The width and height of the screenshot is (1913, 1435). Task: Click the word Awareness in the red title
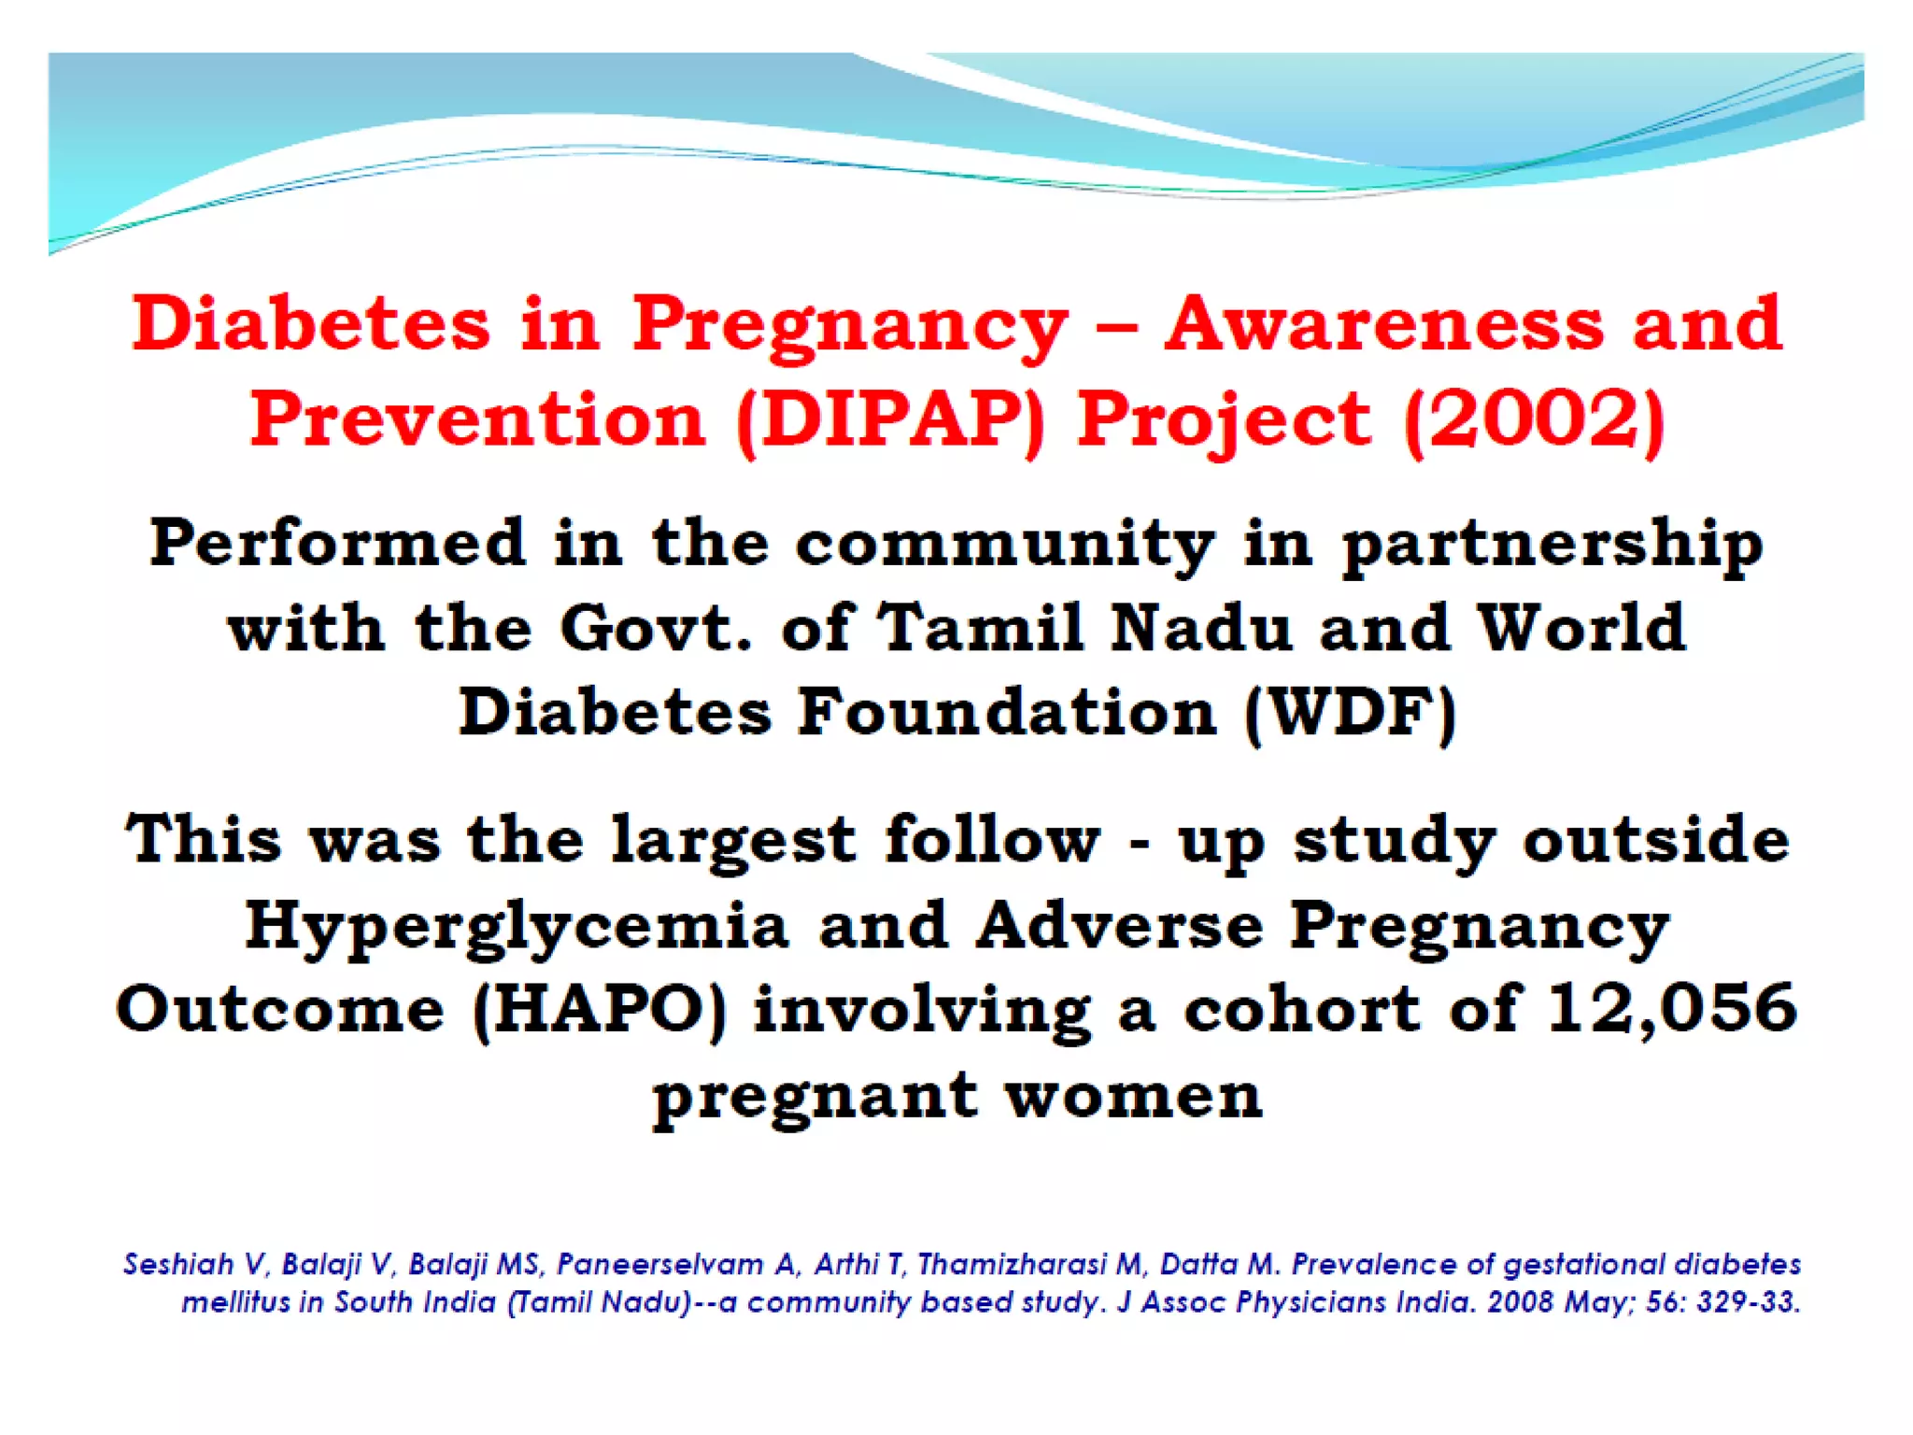click(x=1383, y=324)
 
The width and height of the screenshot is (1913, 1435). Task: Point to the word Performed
click(x=337, y=544)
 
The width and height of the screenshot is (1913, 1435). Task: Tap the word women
click(x=1133, y=1095)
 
